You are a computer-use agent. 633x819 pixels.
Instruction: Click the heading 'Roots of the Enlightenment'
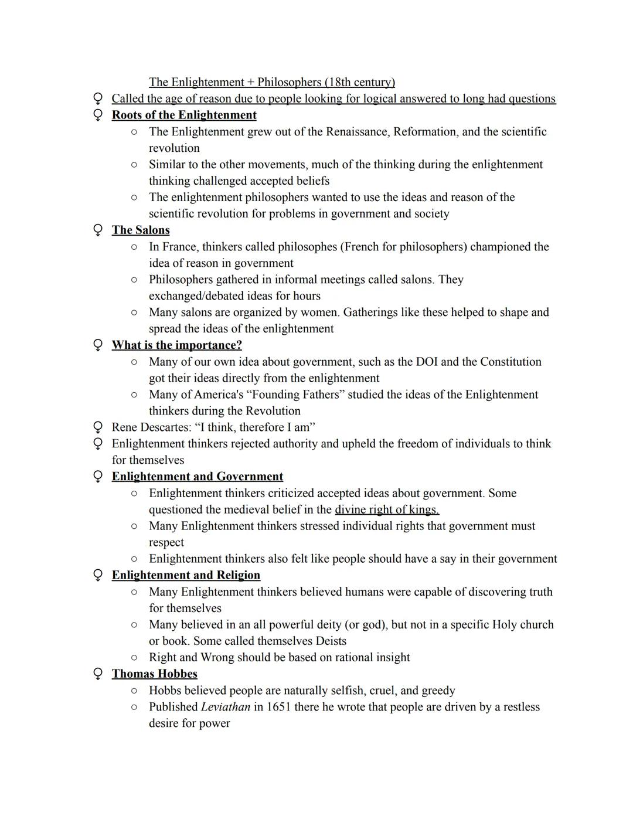click(184, 115)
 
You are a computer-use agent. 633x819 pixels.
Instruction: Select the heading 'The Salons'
click(141, 230)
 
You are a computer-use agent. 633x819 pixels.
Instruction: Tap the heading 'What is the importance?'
click(176, 345)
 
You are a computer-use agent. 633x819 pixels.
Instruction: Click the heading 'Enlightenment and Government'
click(197, 476)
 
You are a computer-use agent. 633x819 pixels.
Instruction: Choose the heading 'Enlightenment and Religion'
click(186, 575)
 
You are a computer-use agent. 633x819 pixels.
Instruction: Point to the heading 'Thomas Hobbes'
click(154, 673)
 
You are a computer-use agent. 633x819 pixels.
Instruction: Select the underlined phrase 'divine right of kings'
click(386, 509)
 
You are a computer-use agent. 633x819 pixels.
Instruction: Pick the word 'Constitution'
click(511, 361)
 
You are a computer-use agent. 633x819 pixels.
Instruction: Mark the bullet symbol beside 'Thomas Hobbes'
click(98, 674)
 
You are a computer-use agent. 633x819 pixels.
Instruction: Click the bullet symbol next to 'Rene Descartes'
click(98, 427)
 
